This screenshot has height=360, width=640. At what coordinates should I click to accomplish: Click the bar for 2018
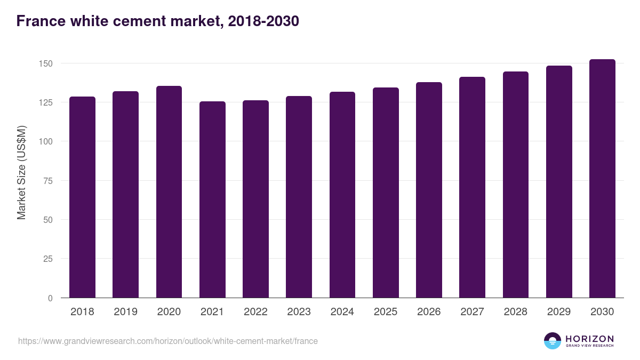point(82,197)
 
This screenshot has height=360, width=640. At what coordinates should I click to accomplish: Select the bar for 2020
point(169,192)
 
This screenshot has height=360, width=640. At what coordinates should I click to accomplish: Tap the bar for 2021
point(212,199)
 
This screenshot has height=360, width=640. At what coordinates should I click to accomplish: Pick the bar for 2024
point(342,195)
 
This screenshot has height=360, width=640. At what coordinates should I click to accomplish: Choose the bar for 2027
point(472,187)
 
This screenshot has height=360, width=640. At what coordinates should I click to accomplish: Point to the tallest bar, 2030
point(602,179)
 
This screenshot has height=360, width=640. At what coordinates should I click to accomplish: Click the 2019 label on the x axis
point(125,312)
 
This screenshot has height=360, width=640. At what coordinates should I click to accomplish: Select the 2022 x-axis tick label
point(255,312)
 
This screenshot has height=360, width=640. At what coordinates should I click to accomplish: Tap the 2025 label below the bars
point(386,312)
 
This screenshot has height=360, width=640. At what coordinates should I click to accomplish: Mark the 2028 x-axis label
point(516,312)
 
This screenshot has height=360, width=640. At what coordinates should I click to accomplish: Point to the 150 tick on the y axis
point(46,63)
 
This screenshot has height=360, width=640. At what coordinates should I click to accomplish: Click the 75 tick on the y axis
point(49,181)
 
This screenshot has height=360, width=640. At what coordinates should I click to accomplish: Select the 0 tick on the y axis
point(51,298)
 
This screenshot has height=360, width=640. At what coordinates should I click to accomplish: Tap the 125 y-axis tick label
point(46,102)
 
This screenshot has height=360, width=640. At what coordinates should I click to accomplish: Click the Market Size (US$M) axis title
point(21,172)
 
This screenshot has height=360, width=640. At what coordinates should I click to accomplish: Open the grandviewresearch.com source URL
point(168,341)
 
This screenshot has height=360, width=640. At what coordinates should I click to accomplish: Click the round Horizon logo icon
point(553,341)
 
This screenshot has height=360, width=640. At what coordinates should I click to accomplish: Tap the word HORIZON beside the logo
point(589,339)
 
